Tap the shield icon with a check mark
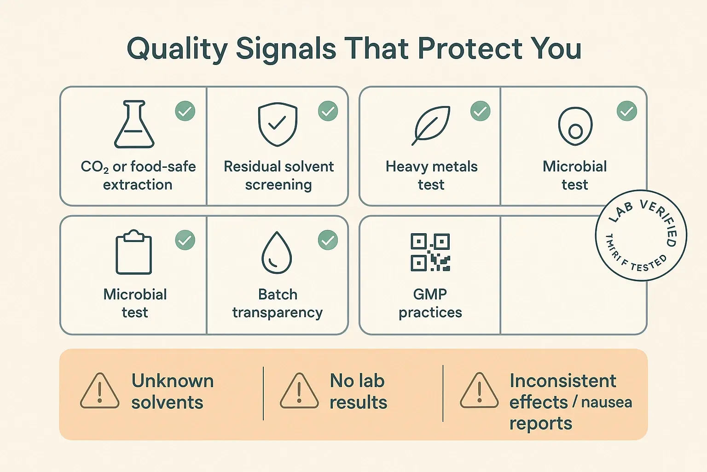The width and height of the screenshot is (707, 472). (277, 124)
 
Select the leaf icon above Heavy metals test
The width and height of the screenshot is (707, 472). (431, 125)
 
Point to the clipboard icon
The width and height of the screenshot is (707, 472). (133, 253)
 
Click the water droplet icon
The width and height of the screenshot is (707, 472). (277, 253)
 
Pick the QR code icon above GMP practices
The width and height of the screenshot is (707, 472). (430, 252)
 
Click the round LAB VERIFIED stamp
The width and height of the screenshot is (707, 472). (641, 235)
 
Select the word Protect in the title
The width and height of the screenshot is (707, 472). (470, 48)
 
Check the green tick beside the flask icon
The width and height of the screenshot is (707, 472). (185, 111)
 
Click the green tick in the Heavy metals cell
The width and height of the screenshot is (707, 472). (480, 111)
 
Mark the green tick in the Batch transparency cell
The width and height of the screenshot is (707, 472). (328, 240)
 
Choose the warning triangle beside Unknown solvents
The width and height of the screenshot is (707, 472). (99, 391)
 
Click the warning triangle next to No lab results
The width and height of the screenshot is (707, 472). (299, 391)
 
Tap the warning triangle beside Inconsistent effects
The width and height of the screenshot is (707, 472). (479, 391)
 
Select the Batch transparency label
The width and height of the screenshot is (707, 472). (278, 303)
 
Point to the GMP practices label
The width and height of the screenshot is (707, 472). (430, 303)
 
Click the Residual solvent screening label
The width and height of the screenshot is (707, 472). (278, 176)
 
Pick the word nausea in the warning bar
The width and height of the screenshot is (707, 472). (607, 402)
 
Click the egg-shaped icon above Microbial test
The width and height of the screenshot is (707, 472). (575, 126)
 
